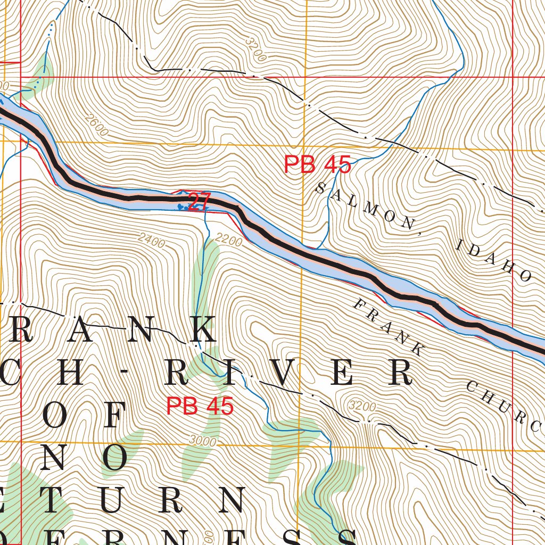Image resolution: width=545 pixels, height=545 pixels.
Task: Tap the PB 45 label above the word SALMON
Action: coord(317,165)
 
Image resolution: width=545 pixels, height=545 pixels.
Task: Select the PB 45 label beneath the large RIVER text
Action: coord(200,407)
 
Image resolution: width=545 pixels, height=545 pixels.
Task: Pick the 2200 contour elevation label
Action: coord(229,242)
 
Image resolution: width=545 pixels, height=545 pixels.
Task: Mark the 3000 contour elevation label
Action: coord(202,441)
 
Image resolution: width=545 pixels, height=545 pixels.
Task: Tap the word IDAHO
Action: coord(493,261)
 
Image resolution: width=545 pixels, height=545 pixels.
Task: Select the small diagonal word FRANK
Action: coord(389,327)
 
